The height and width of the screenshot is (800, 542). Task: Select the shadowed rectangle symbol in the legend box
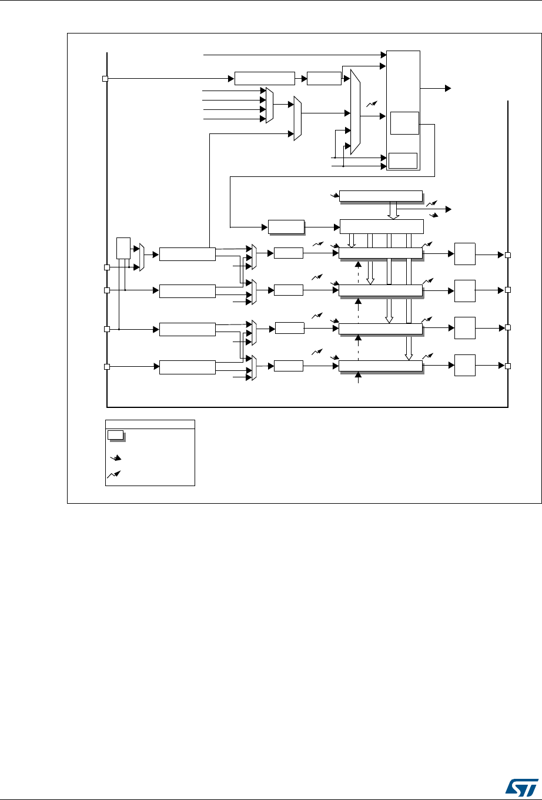[x=115, y=435]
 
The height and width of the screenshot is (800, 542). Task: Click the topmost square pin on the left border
[x=105, y=79]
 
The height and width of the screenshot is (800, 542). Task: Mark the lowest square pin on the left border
[x=107, y=367]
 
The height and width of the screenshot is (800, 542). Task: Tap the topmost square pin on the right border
[x=508, y=255]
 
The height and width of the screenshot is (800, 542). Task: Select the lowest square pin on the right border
[x=508, y=366]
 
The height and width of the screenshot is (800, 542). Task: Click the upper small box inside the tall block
[x=404, y=123]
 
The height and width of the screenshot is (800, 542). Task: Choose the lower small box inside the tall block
[x=403, y=160]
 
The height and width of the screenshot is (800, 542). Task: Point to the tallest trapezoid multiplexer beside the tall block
[x=355, y=112]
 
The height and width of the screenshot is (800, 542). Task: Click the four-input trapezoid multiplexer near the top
[x=269, y=105]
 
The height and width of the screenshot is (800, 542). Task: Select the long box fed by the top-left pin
[x=264, y=78]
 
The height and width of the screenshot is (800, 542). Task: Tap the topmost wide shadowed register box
[x=381, y=196]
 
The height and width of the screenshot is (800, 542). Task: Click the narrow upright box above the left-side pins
[x=123, y=247]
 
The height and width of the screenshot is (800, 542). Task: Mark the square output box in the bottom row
[x=465, y=366]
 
